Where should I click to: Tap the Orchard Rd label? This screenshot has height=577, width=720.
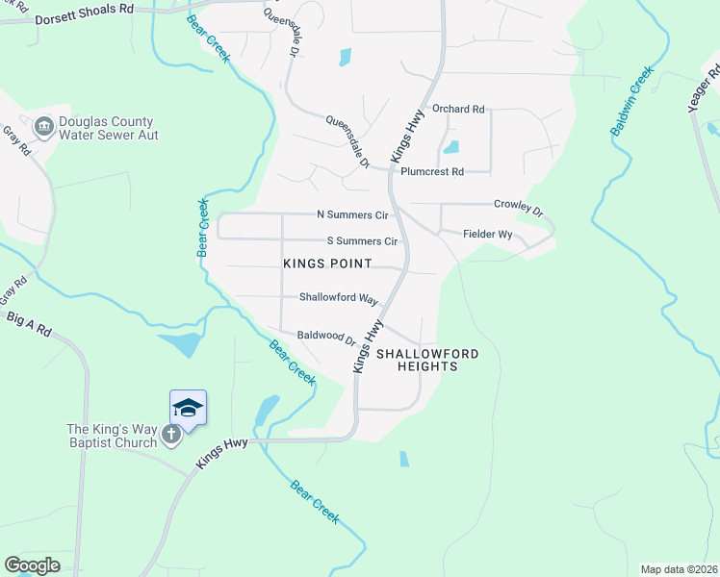pos(458,109)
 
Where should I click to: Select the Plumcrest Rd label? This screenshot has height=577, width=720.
pos(432,172)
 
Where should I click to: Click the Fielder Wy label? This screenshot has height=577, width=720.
pos(487,234)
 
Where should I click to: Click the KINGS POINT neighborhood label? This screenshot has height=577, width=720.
pos(327,263)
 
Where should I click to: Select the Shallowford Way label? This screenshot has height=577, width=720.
pos(337,298)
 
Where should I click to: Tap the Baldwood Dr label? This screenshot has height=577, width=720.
pos(326,337)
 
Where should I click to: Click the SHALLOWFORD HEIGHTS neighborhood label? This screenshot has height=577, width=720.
pos(426,360)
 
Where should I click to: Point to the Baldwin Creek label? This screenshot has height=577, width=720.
pos(630,101)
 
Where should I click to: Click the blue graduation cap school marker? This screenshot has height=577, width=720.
pos(188,408)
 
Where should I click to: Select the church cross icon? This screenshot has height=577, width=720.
pos(171,436)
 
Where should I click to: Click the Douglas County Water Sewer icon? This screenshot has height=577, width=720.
pos(43,127)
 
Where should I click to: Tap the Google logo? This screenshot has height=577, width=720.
pos(32,565)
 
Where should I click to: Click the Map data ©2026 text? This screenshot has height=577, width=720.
pos(679,569)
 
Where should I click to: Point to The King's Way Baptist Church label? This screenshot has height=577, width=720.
pos(111,436)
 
